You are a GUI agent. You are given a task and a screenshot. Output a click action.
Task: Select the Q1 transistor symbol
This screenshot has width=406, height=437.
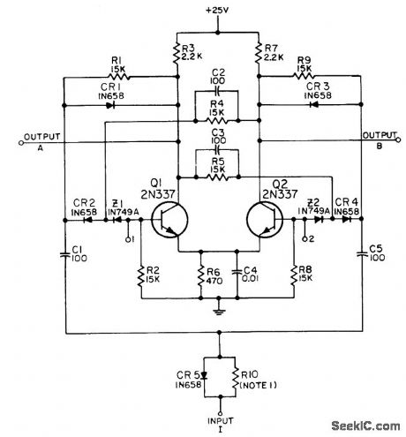pyautogui.click(x=166, y=220)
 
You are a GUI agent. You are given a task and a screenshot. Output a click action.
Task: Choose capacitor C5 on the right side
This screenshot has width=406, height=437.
pyautogui.click(x=363, y=254)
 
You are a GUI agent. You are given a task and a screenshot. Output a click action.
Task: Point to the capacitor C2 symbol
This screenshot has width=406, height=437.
pyautogui.click(x=217, y=91)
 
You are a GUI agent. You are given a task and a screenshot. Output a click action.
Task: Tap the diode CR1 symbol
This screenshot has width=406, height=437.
pyautogui.click(x=109, y=105)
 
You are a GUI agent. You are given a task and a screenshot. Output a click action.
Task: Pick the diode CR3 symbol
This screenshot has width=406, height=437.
pyautogui.click(x=314, y=105)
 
